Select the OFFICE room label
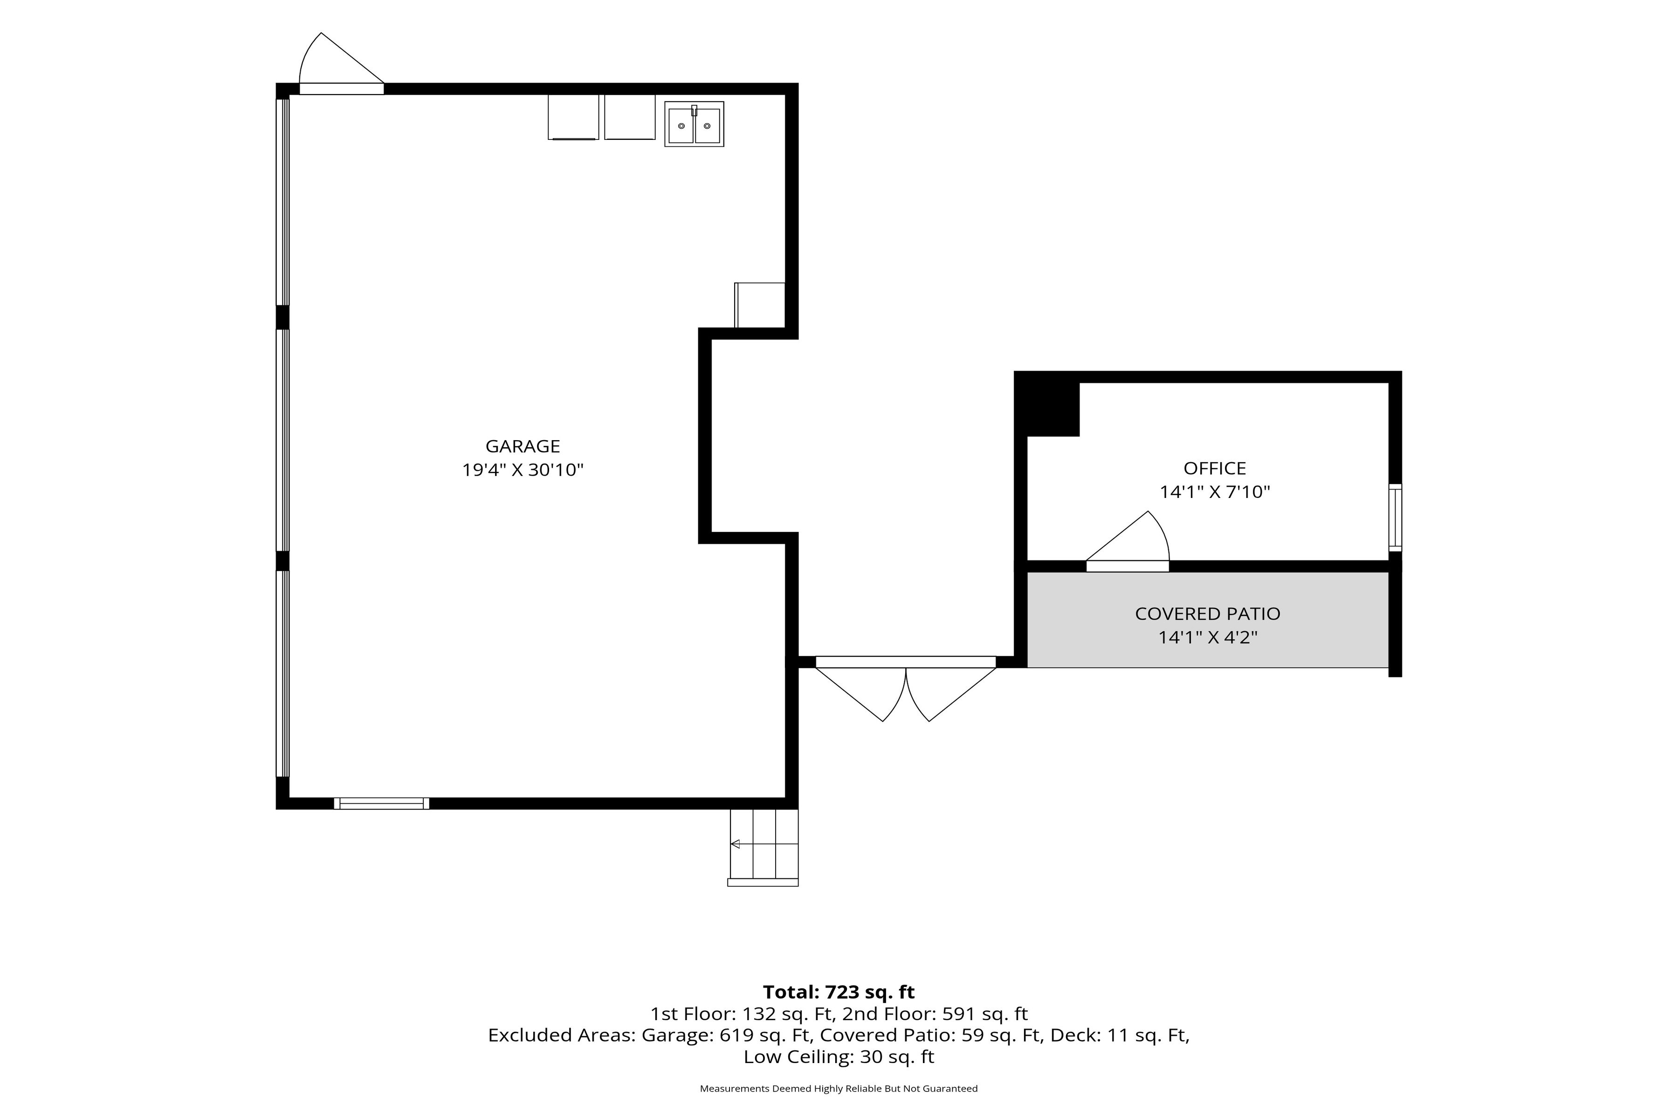1215,468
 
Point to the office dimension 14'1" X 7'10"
1215,492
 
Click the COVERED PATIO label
1208,614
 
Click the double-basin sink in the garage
694,124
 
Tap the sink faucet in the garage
694,111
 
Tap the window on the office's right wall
1396,518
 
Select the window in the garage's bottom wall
382,803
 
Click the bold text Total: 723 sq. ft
839,992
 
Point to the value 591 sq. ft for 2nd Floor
985,1014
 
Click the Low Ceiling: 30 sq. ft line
839,1057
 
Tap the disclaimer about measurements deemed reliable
839,1088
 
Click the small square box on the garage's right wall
760,305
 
